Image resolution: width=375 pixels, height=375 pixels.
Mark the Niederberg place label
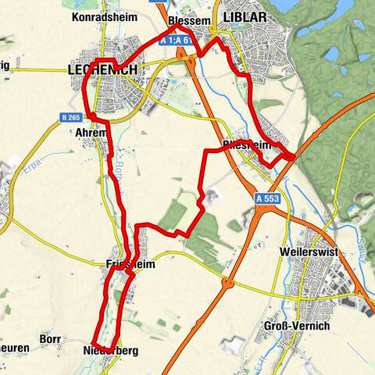tap(109, 352)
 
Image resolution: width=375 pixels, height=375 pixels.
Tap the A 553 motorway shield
tap(265, 200)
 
